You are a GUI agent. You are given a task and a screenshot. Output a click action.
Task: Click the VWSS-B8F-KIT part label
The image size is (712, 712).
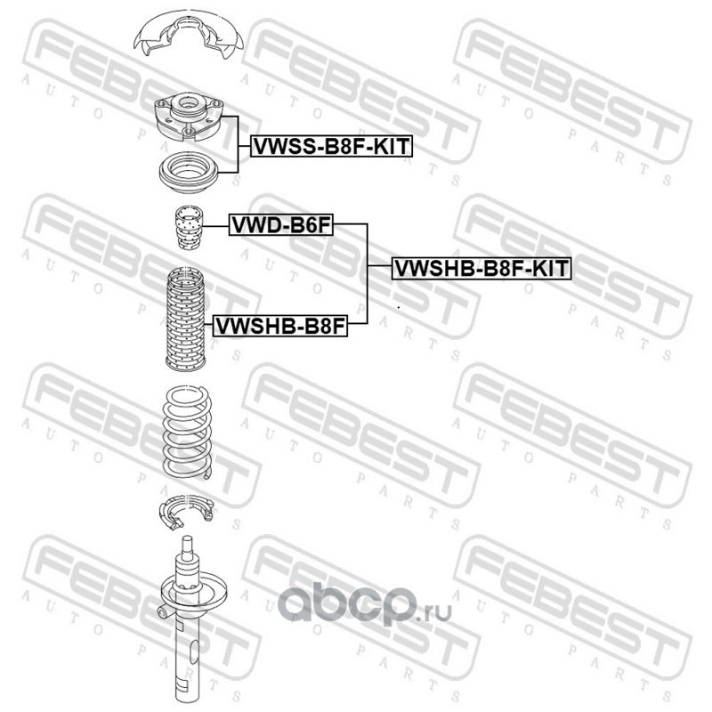(x=332, y=146)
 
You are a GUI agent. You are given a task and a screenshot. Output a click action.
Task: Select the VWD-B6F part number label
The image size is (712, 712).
(x=280, y=226)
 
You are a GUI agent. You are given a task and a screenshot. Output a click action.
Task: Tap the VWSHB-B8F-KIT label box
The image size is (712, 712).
(x=481, y=267)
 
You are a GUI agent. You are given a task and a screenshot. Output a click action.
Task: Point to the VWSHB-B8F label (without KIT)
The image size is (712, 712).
(x=279, y=326)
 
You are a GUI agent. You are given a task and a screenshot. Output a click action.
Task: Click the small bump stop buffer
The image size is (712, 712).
(x=186, y=228)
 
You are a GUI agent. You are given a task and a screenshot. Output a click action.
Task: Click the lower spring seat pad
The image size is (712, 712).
(x=184, y=514)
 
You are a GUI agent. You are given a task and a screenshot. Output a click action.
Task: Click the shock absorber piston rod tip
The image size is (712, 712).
(x=187, y=543)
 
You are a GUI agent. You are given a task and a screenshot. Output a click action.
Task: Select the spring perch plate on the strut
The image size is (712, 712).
(x=188, y=592)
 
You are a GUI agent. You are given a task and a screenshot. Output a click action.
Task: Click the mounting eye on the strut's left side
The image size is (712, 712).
(x=163, y=611)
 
